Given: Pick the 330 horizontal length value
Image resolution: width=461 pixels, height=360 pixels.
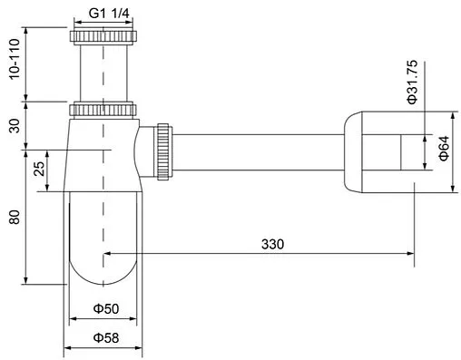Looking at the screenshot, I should click(273, 244).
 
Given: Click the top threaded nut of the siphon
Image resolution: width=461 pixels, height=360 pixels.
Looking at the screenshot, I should click(103, 38).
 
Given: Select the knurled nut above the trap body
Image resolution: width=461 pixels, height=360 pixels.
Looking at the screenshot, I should click(103, 110).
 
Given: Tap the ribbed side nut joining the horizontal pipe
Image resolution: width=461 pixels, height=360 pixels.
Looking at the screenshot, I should click(164, 151).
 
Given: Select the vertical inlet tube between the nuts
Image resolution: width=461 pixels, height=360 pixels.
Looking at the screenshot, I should click(103, 73).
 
